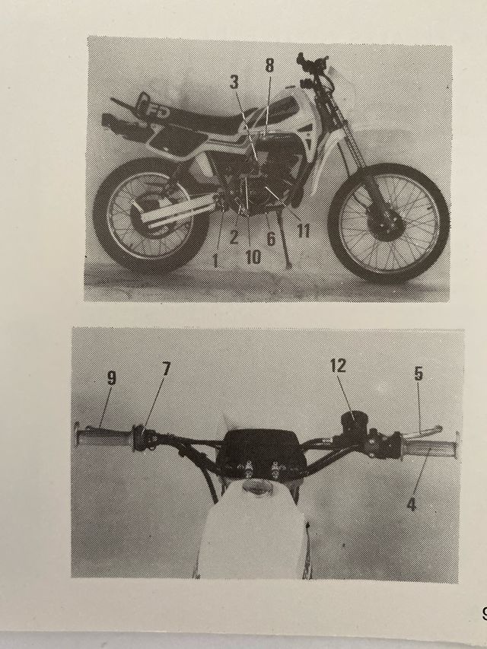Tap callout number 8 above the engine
269,66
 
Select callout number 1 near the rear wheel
215,260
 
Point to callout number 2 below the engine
234,237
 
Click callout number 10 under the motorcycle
253,257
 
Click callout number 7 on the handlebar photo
166,369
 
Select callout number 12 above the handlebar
339,365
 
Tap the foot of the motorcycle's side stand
291,265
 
